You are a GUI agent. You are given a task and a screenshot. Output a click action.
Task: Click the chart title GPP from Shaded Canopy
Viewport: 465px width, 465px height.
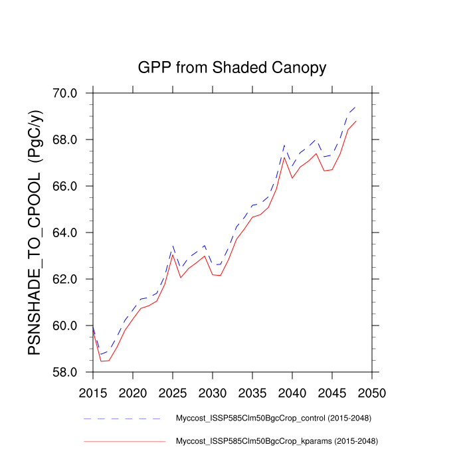point(232,68)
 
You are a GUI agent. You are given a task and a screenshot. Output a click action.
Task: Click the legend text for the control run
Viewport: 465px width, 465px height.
point(272,419)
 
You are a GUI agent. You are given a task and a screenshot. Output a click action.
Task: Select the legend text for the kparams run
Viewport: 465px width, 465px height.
point(276,441)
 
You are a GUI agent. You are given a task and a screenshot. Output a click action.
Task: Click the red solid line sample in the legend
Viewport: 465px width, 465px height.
point(124,441)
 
